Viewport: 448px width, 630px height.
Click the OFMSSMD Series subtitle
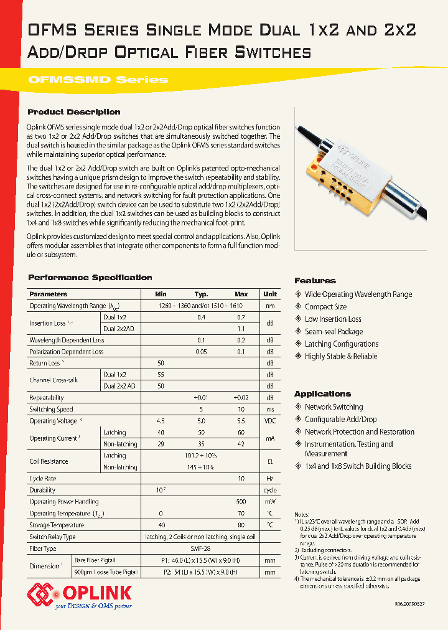tap(98, 80)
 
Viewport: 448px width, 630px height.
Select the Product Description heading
tap(74, 112)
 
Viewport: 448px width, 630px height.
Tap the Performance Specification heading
tap(90, 278)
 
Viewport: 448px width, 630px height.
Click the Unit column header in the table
tap(270, 294)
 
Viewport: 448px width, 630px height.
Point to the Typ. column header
tap(201, 294)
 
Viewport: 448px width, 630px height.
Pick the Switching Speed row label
tap(51, 410)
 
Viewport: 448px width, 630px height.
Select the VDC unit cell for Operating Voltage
tap(270, 421)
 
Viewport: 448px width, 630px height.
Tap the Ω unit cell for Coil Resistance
tap(270, 461)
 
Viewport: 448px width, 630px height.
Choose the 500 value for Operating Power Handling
tap(241, 502)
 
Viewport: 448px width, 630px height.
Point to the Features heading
tap(315, 281)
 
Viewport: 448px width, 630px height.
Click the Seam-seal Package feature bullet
tap(334, 332)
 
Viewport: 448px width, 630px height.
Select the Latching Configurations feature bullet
tap(341, 344)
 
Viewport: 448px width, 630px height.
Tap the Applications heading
tap(322, 394)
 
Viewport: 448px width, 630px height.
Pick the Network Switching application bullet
tap(334, 407)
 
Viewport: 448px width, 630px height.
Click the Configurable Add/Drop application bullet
tap(340, 420)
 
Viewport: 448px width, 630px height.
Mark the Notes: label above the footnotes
tap(301, 514)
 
